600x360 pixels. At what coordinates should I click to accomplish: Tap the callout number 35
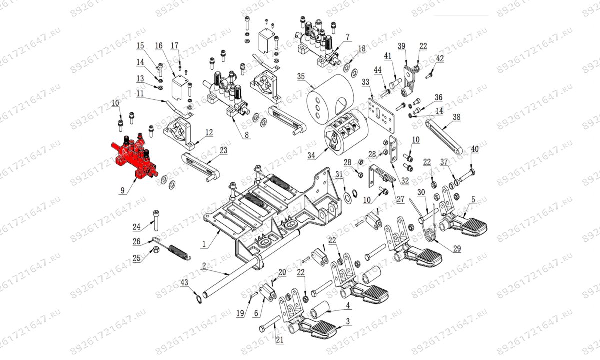coord(301,77)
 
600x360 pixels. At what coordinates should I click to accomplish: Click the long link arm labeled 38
coord(445,136)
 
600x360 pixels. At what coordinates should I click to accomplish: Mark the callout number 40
coord(474,149)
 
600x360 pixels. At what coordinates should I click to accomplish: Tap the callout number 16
coord(159,46)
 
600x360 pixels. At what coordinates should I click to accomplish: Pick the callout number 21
coord(279,340)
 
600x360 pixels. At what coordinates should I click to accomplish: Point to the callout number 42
coord(439,58)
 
